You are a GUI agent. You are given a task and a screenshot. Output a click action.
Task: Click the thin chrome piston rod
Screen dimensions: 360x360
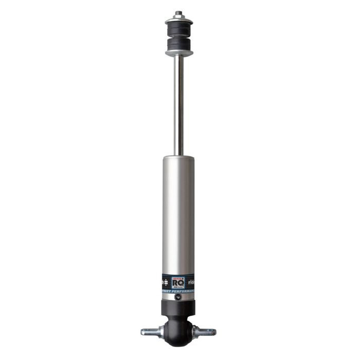pyautogui.click(x=178, y=103)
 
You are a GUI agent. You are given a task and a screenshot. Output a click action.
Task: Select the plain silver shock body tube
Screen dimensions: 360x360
pyautogui.click(x=179, y=216)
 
